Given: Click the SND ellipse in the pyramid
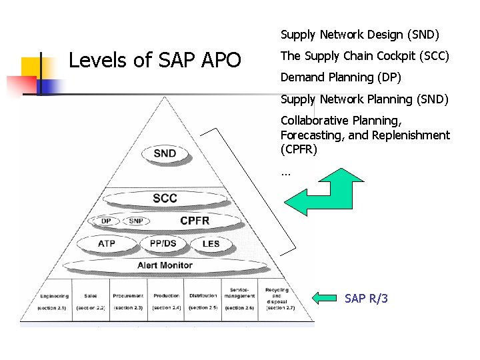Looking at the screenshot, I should tap(165, 154).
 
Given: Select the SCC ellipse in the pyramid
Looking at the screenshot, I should tap(165, 199).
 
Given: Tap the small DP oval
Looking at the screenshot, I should tap(107, 221).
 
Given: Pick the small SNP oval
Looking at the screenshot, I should tap(135, 221).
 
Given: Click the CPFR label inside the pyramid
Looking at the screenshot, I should tap(195, 221).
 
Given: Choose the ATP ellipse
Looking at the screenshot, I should tap(107, 244).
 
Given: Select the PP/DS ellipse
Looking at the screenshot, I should tap(163, 244).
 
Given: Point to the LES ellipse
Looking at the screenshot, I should tap(211, 244).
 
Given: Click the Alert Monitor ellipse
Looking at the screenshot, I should tap(165, 265).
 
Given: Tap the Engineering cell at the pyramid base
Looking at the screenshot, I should tap(55, 301).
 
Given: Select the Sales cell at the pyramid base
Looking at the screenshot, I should tap(91, 301).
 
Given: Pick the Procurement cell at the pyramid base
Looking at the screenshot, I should tap(128, 301).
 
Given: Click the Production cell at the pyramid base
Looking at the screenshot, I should tap(166, 301).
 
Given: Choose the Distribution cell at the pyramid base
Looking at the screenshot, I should tap(203, 301).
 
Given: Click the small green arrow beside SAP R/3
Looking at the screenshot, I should tap(326, 298).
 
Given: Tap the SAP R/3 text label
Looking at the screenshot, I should tap(366, 299).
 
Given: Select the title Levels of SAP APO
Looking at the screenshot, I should tap(155, 61).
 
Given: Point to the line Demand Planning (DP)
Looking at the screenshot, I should tap(341, 77).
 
